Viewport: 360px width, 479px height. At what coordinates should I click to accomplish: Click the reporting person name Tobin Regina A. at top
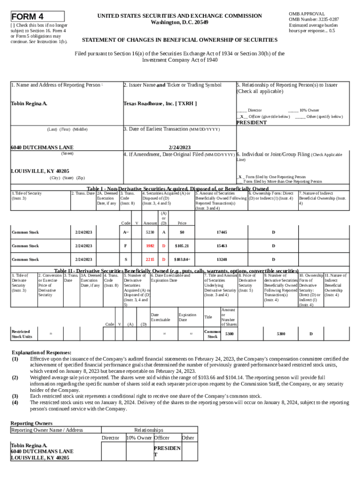tap(29, 103)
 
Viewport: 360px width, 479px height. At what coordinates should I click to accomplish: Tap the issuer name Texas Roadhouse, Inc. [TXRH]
tap(159, 103)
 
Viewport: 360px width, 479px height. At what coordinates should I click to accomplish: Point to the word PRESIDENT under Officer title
tap(252, 123)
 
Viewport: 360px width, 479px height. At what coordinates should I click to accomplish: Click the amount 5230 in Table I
tap(150, 232)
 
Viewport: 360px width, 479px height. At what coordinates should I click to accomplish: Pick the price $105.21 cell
tap(181, 246)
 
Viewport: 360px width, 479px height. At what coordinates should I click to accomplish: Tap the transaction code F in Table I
tap(125, 246)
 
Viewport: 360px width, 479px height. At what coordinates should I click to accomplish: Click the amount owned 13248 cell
tap(222, 260)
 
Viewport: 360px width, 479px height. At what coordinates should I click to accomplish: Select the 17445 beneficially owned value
tap(222, 232)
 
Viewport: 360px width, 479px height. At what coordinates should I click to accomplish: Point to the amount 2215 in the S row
tap(150, 260)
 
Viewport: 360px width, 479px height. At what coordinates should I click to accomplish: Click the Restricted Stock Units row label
tap(22, 334)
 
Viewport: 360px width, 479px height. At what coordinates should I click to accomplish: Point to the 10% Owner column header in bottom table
tap(139, 438)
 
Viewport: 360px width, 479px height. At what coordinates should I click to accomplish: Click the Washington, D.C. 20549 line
tap(180, 22)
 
